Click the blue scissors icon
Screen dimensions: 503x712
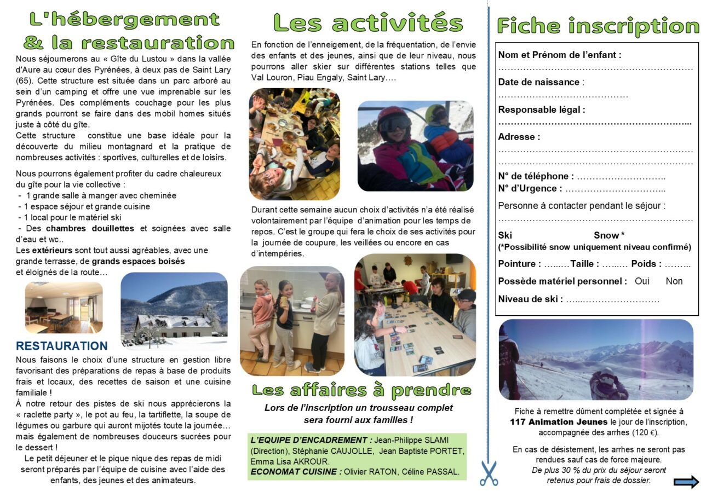tap(489, 473)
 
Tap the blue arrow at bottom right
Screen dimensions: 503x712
tap(686, 482)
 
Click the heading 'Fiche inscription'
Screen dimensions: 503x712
tap(598, 26)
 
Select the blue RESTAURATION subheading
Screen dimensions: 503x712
tap(62, 346)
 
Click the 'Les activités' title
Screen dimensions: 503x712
tap(368, 23)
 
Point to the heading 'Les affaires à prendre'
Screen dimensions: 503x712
tap(361, 390)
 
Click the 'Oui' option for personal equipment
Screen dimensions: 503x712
tap(642, 281)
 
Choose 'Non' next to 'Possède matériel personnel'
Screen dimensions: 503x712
tap(674, 281)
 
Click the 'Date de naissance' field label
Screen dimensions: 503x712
tap(539, 82)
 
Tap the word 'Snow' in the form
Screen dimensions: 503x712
tap(606, 235)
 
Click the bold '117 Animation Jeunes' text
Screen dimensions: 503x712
tap(559, 421)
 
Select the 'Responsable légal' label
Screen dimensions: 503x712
tap(541, 109)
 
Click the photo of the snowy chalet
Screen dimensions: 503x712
tap(174, 310)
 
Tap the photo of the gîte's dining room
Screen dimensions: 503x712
tap(64, 308)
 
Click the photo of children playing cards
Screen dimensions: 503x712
tap(415, 315)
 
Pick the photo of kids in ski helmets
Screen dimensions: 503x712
tap(415, 146)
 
